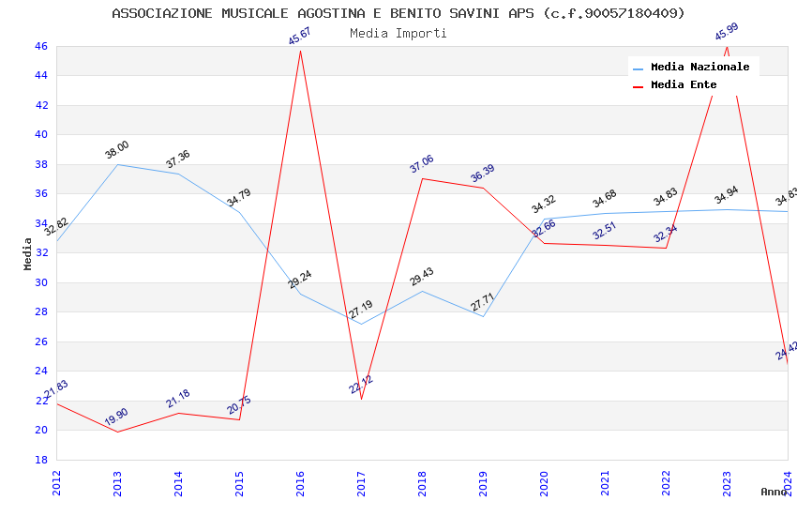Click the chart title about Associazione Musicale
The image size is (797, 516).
coord(398,13)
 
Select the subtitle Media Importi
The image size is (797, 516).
coord(398,33)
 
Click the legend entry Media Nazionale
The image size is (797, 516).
coord(699,68)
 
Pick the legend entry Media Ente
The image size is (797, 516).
coord(684,85)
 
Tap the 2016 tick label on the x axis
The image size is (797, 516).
coord(301,484)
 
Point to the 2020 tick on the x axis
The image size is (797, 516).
coord(545,484)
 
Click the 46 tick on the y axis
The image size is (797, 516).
coord(40,46)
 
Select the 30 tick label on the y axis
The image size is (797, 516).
coord(40,282)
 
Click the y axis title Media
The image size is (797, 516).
coord(27,253)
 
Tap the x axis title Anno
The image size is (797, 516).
coord(774,492)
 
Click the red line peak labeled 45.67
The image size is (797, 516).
coord(300,50)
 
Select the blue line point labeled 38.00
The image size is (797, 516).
coord(117,164)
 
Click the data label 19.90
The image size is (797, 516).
coord(117,417)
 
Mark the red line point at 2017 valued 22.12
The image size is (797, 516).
coord(361,399)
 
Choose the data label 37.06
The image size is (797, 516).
coord(422,164)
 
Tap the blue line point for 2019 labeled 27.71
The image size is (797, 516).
coord(483,316)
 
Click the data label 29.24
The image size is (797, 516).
coord(300,280)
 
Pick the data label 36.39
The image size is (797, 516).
coord(483,174)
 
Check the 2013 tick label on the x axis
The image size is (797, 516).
coord(118,484)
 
